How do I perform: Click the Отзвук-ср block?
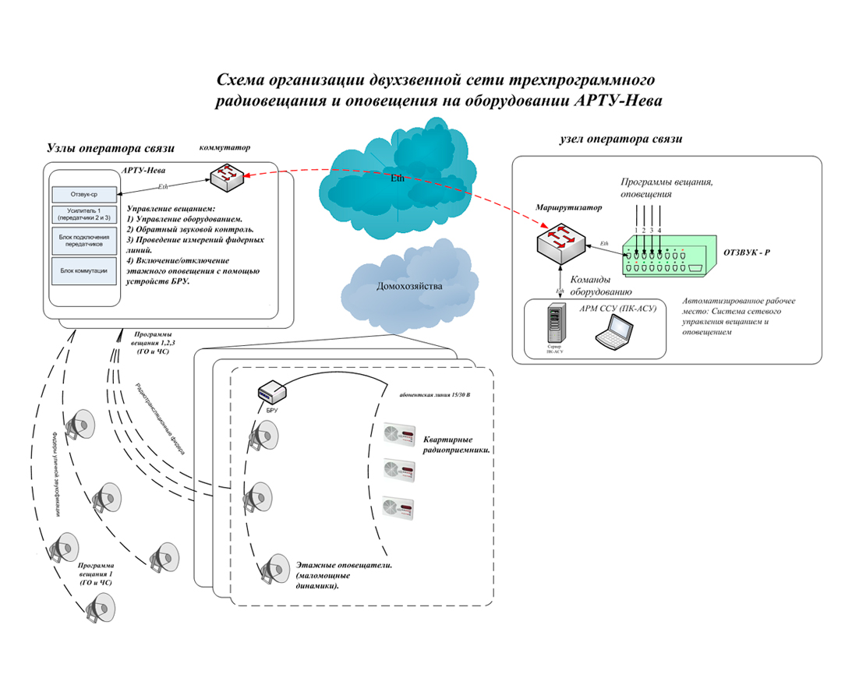(x=83, y=194)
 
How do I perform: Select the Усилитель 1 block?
(x=83, y=214)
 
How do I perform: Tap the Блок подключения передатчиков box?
(x=83, y=240)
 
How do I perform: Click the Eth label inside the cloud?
(x=398, y=178)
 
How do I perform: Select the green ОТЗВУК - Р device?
(x=670, y=257)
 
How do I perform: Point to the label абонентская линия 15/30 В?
(x=434, y=395)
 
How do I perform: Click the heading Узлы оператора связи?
(x=111, y=147)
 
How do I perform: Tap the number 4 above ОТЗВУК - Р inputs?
(x=659, y=230)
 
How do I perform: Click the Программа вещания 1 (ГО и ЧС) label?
(x=97, y=574)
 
